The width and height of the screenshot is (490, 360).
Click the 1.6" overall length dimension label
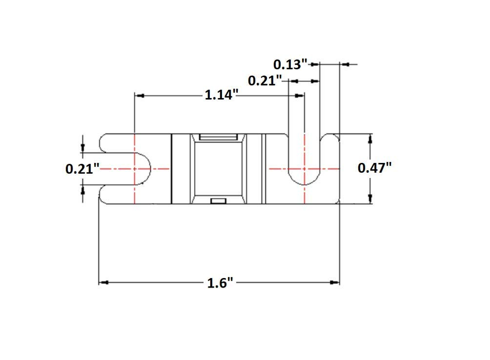220,283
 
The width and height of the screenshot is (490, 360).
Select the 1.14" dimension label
221,94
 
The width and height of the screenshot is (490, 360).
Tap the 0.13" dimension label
290,64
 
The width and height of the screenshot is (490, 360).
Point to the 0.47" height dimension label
374,168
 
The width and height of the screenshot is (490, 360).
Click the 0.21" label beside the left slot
82,169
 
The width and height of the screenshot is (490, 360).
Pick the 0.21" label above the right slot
265,81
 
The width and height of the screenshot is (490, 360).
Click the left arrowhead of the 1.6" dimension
104,283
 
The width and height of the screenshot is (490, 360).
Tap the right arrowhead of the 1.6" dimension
335,283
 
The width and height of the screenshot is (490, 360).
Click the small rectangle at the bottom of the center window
218,201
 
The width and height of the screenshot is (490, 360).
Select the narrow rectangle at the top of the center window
218,137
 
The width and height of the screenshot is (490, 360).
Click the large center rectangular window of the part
218,169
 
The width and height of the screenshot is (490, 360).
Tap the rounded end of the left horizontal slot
147,169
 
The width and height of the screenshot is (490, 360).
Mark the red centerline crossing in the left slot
134,169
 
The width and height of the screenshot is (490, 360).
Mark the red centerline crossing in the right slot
304,169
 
